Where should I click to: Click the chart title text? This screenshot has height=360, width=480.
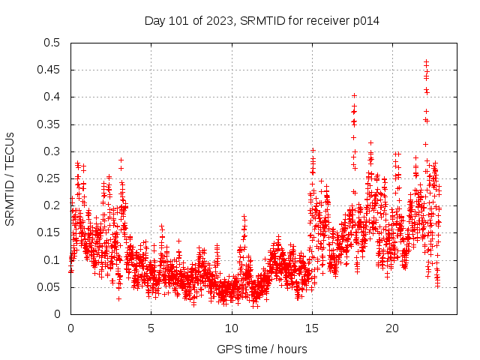pos(262,21)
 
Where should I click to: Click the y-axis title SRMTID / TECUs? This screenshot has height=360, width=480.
pos(10,178)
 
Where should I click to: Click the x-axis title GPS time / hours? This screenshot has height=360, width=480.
pos(262,349)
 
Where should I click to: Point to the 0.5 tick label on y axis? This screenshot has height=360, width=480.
pos(51,43)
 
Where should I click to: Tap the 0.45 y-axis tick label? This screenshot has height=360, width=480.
pos(48,70)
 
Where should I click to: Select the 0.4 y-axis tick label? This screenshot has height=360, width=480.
pos(51,97)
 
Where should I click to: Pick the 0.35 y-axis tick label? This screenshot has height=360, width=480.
pos(48,124)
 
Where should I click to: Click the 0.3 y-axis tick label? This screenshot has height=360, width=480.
pos(51,151)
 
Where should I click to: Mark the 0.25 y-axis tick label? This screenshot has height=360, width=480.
pos(48,178)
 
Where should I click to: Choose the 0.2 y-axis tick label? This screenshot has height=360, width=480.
pos(51,205)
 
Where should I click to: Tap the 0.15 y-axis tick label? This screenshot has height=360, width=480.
pos(48,232)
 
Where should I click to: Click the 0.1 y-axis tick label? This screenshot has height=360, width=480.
pos(51,260)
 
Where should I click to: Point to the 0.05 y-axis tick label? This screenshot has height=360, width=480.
pos(48,287)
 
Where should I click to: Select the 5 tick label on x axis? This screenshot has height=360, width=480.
pos(151,328)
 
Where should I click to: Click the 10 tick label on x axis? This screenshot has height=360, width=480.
pos(231,328)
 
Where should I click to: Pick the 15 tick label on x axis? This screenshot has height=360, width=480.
pos(311,328)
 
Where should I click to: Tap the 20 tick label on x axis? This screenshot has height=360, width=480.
pos(392,328)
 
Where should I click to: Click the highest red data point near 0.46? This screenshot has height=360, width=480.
pos(427,62)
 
